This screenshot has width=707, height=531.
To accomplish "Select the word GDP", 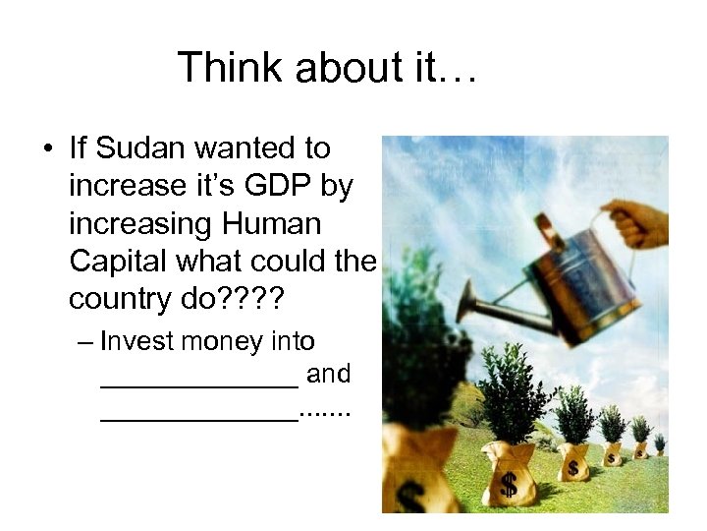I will tap(270, 187).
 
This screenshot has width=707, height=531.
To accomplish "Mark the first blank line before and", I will tap(199, 382).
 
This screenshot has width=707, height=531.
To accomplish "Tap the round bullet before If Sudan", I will tap(47, 149).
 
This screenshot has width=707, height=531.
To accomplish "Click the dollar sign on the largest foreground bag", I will tap(509, 483).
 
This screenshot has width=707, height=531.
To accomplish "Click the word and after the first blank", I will tap(329, 375).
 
